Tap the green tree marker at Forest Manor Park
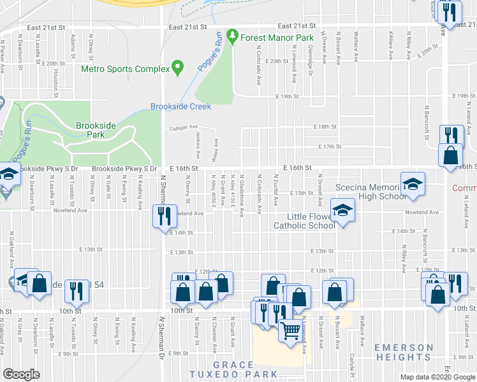coord(233,37)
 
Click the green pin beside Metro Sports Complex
coord(177,67)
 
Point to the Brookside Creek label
coord(180,106)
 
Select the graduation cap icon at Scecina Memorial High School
coord(412,184)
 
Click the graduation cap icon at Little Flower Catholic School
coord(342,211)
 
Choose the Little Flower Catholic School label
coord(304,220)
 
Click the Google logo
coord(21,374)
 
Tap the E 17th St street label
coord(330,146)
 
